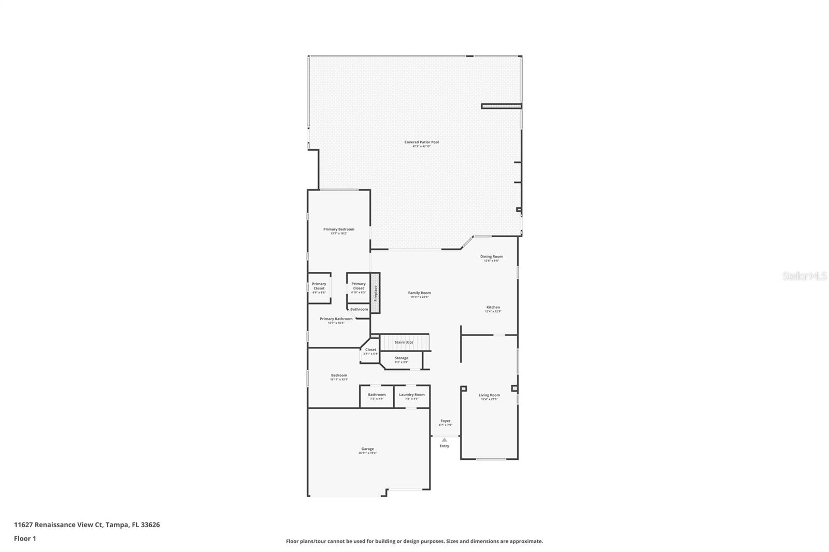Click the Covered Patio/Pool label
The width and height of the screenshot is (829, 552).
click(x=421, y=142)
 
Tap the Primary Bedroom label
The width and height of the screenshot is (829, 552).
click(x=339, y=229)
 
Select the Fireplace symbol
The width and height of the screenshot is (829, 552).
click(x=376, y=293)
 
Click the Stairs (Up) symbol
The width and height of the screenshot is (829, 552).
click(x=404, y=342)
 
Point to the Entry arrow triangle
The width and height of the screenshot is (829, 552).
click(x=444, y=440)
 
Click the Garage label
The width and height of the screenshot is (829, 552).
click(x=367, y=449)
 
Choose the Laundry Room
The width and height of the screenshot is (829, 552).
click(x=411, y=396)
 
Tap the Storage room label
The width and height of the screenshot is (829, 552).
click(x=402, y=358)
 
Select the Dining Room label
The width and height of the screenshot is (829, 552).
click(x=491, y=256)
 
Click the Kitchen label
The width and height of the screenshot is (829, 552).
click(x=493, y=307)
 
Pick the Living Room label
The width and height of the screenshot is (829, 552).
click(x=489, y=395)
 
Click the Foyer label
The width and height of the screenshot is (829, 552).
click(x=446, y=421)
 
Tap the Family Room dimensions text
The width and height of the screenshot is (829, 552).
click(x=419, y=297)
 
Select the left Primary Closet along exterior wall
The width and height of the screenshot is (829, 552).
click(x=319, y=288)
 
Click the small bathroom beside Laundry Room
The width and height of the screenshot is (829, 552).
click(x=377, y=396)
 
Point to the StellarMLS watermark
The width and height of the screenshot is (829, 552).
click(x=804, y=276)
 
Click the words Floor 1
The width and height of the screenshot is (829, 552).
click(x=25, y=539)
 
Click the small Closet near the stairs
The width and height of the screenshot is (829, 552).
click(x=370, y=351)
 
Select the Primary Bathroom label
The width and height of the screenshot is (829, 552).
click(x=336, y=319)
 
